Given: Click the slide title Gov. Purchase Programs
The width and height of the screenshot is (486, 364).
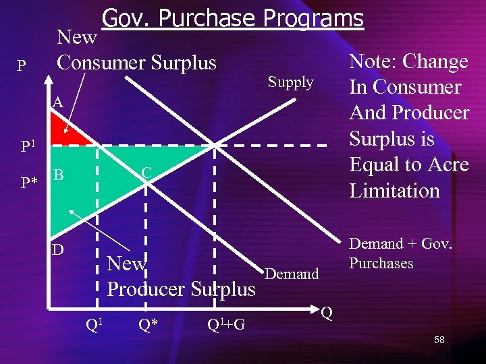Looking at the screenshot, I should click(232, 18).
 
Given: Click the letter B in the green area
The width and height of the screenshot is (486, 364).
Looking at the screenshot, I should click(59, 175).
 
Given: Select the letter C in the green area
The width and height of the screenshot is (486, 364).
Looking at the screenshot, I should click(146, 173).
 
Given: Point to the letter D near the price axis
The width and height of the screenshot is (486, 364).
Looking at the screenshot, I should click(59, 250).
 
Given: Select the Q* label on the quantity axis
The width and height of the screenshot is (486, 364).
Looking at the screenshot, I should click(148, 325).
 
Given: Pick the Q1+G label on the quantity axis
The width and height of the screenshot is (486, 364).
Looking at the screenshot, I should click(225, 326).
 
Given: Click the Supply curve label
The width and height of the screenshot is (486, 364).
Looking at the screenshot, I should click(290, 82).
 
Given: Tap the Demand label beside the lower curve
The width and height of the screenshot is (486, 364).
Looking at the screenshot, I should click(292, 274).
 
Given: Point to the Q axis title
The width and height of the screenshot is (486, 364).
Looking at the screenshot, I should click(327, 313).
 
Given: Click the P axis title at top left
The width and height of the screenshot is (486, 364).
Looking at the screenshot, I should click(22, 66).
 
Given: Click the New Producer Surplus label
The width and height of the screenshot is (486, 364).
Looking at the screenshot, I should click(181, 276).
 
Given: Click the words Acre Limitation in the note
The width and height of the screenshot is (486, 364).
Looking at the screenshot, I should click(408, 177).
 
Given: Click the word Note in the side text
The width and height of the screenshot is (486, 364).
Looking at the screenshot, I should click(373, 61).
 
